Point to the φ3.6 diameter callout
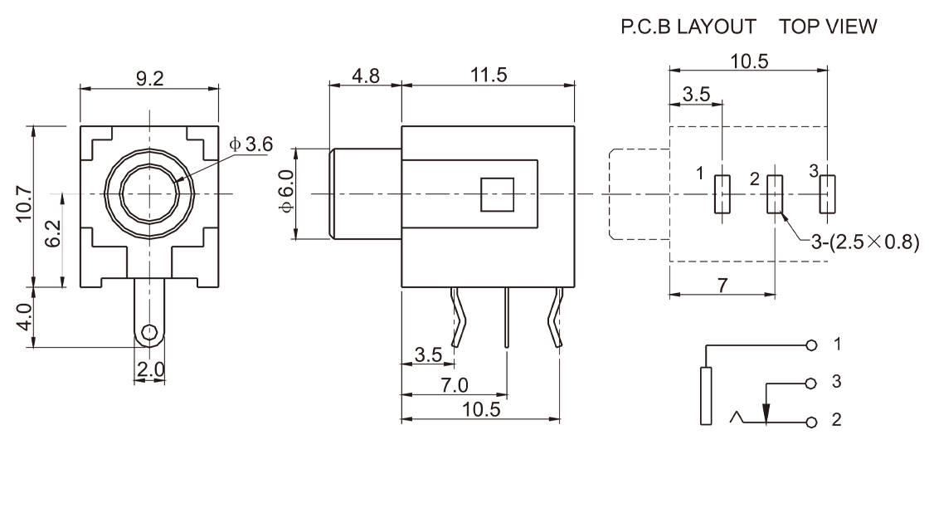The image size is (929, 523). point(251,144)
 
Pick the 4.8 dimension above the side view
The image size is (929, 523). point(365,76)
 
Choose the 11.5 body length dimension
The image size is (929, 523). point(489,76)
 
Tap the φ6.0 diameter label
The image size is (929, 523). point(285,193)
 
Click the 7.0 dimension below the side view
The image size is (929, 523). point(454,385)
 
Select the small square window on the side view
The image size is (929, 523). point(498,194)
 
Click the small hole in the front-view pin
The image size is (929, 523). point(149,333)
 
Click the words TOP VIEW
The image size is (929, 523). point(827,27)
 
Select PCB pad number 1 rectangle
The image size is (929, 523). point(722,195)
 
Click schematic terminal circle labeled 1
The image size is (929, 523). point(811,344)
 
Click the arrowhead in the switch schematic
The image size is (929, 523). point(766,413)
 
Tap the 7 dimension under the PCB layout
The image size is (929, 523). point(722,285)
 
